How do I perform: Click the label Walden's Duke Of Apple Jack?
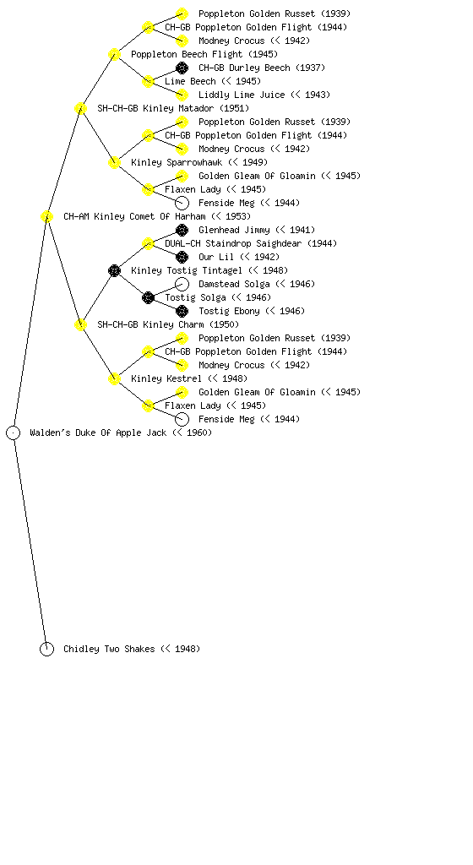(x=98, y=432)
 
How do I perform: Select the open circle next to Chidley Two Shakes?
(x=46, y=649)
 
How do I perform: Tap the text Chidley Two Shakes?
(x=109, y=649)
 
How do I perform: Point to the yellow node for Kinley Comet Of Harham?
(x=46, y=216)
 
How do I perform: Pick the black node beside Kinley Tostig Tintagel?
(x=114, y=270)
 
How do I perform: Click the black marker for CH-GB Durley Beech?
(x=182, y=68)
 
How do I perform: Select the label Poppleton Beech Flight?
(x=187, y=54)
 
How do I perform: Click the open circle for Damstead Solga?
(x=182, y=284)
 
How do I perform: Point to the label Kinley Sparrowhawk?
(x=177, y=162)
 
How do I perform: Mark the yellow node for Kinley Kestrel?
(x=114, y=378)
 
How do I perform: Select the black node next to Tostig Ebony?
(x=182, y=311)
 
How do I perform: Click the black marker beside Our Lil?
(x=182, y=257)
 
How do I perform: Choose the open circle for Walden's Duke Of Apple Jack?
(x=14, y=432)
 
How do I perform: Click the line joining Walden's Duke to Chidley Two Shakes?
(x=30, y=541)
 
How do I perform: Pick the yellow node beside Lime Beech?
(x=148, y=81)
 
